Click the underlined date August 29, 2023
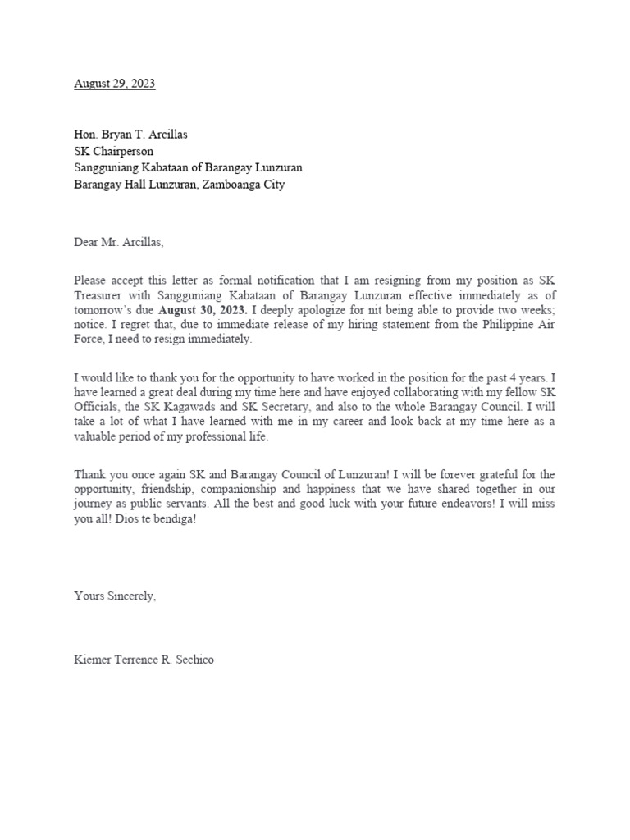115,84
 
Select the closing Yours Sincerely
115,597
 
